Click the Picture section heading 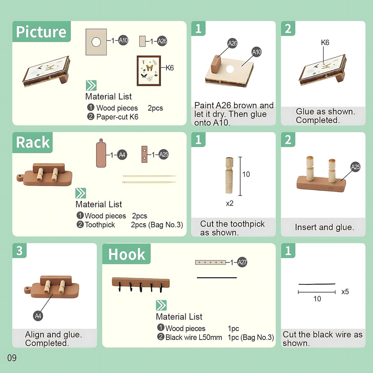pos(41,32)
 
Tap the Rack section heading pos(33,143)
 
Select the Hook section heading pos(127,254)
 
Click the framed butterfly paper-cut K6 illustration pos(149,71)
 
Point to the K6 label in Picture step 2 pos(325,42)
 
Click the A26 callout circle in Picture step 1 pos(232,43)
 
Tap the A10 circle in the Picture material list pos(123,40)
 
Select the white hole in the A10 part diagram pos(96,42)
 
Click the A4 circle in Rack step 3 pos(38,316)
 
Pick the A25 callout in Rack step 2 pos(355,167)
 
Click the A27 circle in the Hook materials pos(242,262)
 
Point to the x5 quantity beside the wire pos(345,292)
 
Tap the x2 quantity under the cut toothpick pos(229,203)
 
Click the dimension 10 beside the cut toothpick pos(246,174)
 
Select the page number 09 pos(12,358)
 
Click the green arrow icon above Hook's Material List pos(161,305)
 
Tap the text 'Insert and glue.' pos(325,227)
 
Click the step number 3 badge pos(19,251)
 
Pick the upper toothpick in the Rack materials pos(150,176)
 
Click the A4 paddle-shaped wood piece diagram pos(101,154)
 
